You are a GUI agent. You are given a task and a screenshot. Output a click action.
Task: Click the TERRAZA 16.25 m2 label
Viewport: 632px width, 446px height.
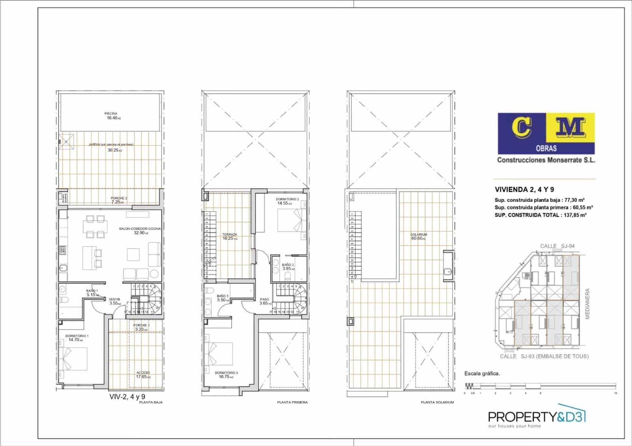[229, 236]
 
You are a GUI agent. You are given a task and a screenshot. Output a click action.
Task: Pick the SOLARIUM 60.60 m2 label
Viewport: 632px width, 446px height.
[419, 236]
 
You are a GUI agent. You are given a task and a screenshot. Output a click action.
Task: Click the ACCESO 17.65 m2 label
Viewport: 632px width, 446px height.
[143, 375]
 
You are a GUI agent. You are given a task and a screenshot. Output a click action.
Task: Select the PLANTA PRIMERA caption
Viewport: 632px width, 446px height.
[292, 402]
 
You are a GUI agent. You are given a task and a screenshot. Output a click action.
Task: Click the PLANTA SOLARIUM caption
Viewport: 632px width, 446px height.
[437, 402]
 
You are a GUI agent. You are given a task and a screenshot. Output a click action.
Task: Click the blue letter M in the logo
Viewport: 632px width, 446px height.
[571, 127]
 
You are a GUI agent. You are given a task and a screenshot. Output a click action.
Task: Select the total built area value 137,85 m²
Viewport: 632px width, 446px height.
[573, 215]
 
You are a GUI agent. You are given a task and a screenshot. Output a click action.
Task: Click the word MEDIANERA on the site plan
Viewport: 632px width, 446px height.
[587, 304]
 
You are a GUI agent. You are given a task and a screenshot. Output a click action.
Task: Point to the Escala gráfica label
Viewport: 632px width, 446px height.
[482, 373]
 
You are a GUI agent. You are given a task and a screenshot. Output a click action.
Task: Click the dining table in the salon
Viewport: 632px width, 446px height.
[95, 227]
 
